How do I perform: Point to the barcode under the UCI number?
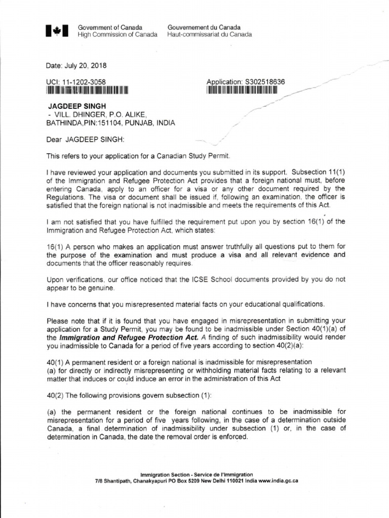[x=87, y=91]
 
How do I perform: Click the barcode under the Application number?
[x=243, y=91]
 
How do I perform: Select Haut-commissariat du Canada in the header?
[x=209, y=35]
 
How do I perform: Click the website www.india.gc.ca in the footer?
[x=278, y=481]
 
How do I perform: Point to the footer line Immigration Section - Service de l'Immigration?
[x=197, y=474]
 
